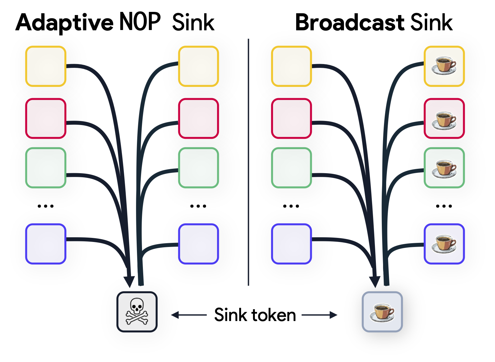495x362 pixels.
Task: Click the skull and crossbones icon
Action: point(137,312)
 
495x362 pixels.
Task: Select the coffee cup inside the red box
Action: point(444,119)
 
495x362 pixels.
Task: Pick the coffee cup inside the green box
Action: point(444,168)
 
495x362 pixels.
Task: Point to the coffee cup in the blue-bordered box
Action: point(444,244)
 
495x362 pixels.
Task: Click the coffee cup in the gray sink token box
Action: point(382,312)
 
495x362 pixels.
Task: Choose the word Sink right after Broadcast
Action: point(432,23)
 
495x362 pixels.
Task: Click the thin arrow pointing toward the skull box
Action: point(189,315)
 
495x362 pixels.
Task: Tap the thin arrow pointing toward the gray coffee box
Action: point(319,315)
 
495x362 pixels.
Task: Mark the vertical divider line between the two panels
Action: point(248,163)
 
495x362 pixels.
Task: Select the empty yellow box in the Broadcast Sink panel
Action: point(291,66)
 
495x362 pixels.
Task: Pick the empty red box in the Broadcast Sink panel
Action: point(291,118)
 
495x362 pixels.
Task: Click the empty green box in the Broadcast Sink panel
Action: point(291,168)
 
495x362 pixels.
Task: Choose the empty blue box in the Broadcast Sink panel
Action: point(291,244)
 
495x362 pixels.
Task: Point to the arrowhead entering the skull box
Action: point(129,281)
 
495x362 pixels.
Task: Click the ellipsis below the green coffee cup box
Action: point(444,206)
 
